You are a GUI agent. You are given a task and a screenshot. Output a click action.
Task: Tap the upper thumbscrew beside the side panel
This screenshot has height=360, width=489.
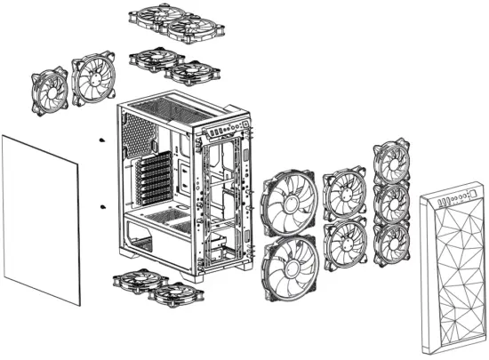(x=103, y=141)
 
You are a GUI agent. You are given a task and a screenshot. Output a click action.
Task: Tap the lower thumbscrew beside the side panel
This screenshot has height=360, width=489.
(x=103, y=208)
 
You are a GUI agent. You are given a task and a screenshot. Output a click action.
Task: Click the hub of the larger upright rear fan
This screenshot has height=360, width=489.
(x=93, y=78)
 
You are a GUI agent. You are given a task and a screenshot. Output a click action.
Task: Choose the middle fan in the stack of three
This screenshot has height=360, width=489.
(x=392, y=202)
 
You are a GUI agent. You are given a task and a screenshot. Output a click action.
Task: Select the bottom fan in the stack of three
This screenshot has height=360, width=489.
(x=392, y=241)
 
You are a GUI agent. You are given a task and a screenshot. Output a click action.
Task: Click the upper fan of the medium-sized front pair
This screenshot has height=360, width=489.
(x=344, y=193)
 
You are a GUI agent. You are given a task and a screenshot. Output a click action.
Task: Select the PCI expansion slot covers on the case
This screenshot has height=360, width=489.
(x=153, y=182)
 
